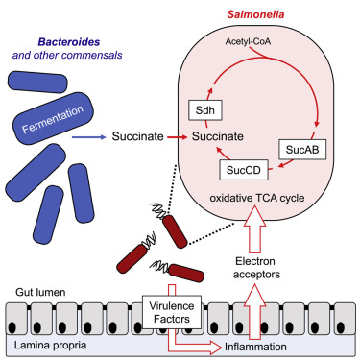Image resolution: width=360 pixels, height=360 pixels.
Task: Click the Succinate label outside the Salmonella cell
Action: [x=135, y=138]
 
